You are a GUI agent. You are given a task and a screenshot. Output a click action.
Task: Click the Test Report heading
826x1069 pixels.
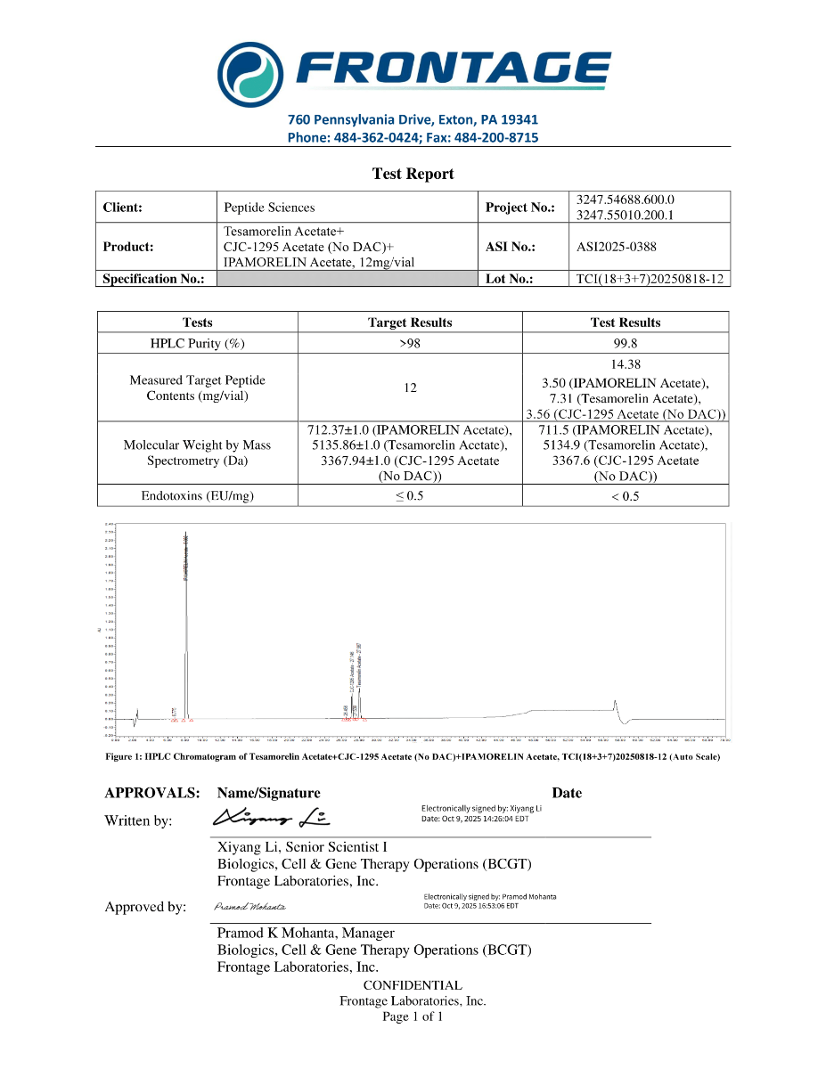click(413, 174)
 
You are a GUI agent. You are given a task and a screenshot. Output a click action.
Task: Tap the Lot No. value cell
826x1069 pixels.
click(650, 279)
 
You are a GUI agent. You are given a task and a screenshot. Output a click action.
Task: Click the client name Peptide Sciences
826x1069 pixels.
click(269, 208)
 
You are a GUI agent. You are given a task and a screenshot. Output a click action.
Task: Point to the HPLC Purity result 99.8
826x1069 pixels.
click(625, 343)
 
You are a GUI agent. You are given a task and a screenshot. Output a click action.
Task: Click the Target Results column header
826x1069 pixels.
click(410, 322)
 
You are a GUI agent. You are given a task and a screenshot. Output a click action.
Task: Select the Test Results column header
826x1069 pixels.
click(625, 322)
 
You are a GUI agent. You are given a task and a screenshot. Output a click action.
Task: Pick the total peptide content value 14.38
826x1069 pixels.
click(625, 364)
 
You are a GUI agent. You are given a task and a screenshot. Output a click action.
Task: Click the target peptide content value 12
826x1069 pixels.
click(410, 388)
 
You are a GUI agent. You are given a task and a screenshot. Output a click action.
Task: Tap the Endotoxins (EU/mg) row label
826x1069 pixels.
click(198, 496)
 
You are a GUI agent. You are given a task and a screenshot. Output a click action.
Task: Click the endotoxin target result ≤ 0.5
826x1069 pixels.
click(410, 496)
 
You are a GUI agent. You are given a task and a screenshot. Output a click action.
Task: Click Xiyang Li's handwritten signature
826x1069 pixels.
click(272, 817)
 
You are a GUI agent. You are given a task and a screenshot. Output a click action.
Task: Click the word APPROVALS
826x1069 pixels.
click(151, 793)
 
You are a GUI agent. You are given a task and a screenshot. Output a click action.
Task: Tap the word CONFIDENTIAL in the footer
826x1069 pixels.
click(413, 985)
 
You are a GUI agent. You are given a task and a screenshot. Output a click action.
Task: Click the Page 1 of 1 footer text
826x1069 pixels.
click(413, 1016)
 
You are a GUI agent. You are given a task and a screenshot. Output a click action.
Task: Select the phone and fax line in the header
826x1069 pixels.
click(413, 137)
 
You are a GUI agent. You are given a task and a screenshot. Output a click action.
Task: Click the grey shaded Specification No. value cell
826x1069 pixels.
click(348, 279)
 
